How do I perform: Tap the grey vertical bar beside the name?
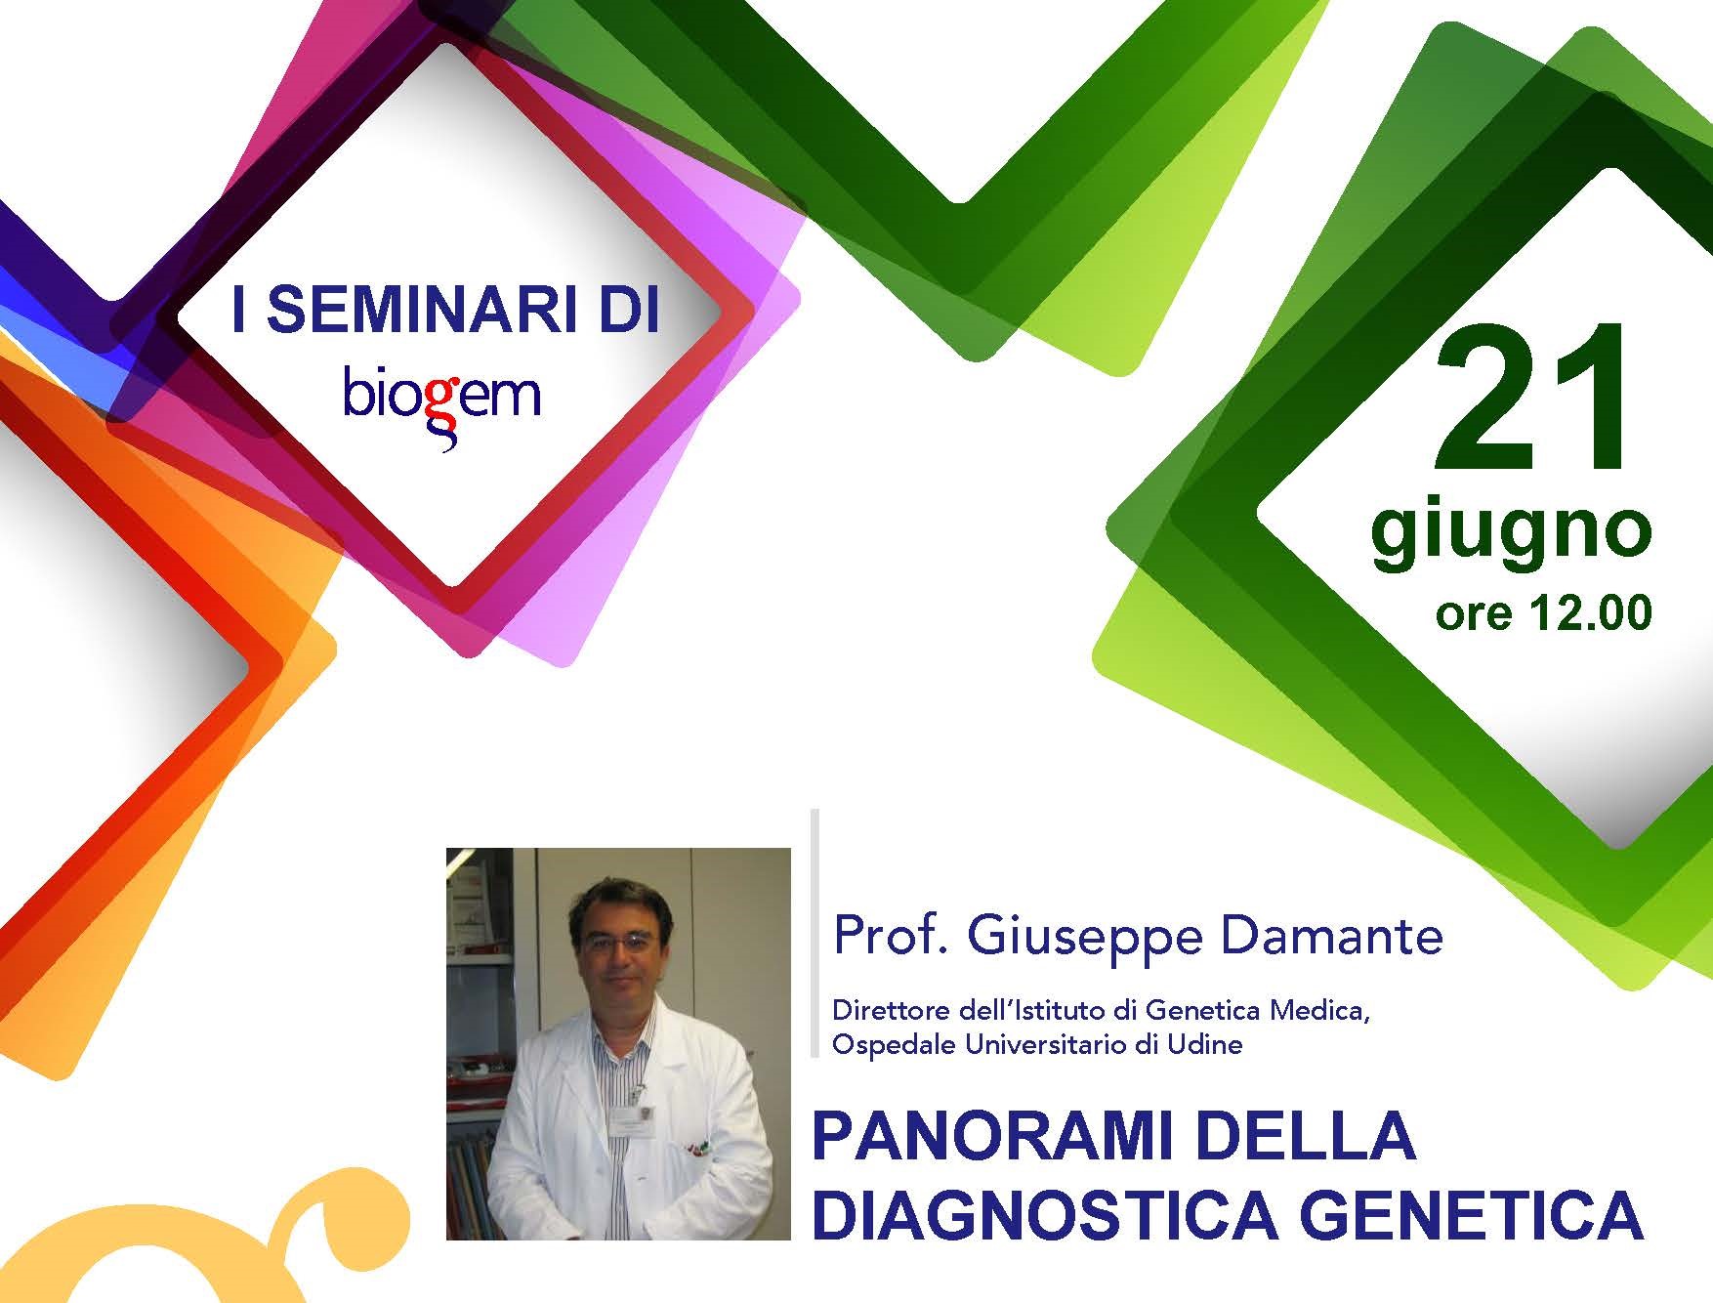815,933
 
